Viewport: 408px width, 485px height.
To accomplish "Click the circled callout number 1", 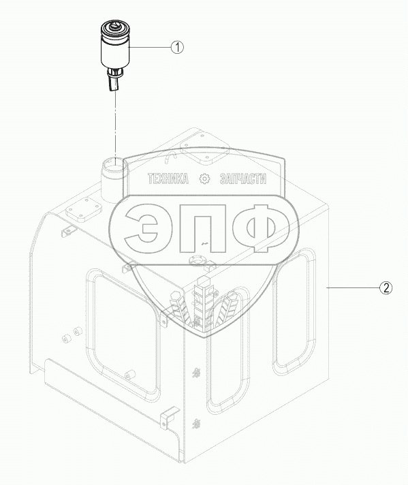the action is [x=178, y=47].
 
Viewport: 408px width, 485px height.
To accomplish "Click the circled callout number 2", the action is [x=386, y=288].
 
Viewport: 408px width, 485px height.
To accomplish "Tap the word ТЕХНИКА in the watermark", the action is [x=168, y=178].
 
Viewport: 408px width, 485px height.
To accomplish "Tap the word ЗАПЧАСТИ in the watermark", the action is [x=242, y=178].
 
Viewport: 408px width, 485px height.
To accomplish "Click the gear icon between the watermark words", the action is [x=204, y=178].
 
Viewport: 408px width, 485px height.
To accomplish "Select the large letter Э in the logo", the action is [x=143, y=228].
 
